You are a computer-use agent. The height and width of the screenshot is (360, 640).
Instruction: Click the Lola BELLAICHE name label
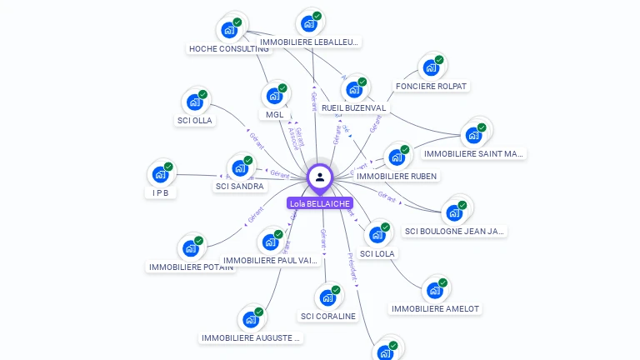point(319,203)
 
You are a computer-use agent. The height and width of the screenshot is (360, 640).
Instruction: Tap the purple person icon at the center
point(320,177)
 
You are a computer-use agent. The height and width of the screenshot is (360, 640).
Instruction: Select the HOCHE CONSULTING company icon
point(228,30)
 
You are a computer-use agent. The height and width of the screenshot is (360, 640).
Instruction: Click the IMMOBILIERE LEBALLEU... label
point(309,42)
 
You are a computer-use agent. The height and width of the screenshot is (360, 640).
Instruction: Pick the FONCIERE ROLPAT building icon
point(430,67)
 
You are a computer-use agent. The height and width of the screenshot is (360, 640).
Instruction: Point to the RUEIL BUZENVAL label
point(353,108)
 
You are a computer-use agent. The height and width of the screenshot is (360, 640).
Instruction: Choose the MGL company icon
point(273,96)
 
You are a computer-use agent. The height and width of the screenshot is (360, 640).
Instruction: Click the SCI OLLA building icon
point(194,102)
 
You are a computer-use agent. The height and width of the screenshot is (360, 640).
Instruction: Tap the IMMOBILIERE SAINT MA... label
point(473,153)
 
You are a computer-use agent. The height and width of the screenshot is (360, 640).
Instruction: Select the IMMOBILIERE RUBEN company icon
point(396,157)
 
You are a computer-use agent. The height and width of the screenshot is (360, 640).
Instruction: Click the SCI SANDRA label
point(239,187)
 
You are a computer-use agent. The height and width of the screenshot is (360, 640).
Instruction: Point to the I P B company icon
point(160,175)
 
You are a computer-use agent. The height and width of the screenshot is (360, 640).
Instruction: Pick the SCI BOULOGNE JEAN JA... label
point(454,231)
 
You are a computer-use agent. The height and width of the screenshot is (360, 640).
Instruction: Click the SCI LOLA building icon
point(377,234)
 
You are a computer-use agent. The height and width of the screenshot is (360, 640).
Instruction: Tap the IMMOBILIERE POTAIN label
point(191,267)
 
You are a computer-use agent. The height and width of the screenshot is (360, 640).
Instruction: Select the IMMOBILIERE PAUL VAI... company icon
point(270,242)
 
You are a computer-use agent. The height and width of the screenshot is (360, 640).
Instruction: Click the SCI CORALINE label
point(327,317)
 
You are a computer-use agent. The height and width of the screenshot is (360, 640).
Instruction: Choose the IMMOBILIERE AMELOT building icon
point(434,290)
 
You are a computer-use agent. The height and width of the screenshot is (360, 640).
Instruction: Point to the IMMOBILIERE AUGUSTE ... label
point(251,338)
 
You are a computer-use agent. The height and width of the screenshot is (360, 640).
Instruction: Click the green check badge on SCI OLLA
point(202,94)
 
